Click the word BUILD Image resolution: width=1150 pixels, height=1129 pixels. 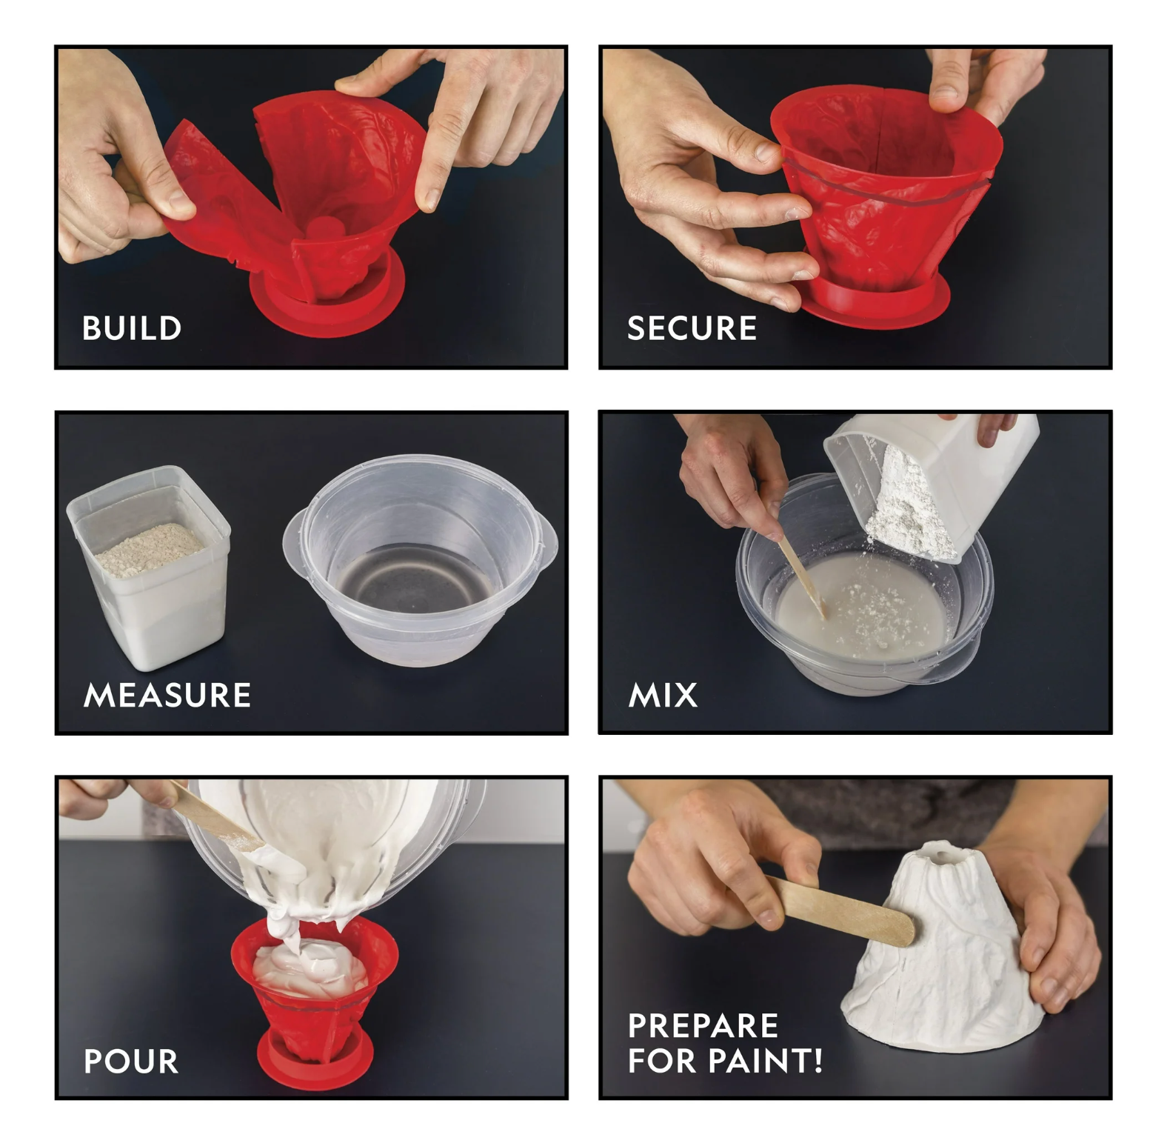pos(132,328)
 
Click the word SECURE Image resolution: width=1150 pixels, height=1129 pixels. pos(692,328)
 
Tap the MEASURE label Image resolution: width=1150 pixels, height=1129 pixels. pos(167,695)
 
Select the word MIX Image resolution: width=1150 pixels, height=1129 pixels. pos(663,695)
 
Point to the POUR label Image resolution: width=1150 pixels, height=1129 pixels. pos(131,1061)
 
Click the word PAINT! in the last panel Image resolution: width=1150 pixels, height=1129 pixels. pos(765,1060)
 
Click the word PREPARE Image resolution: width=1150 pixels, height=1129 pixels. pos(702,1026)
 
